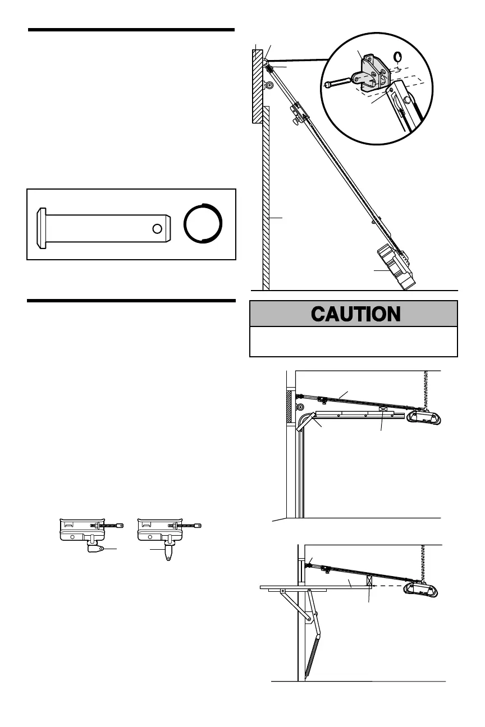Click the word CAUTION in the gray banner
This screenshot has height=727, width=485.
[x=355, y=314]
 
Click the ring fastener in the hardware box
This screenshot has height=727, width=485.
[x=203, y=223]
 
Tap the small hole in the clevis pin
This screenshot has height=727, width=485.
[x=158, y=228]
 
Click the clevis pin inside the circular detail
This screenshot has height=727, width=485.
[x=338, y=83]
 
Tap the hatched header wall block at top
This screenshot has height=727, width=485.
[x=258, y=84]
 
